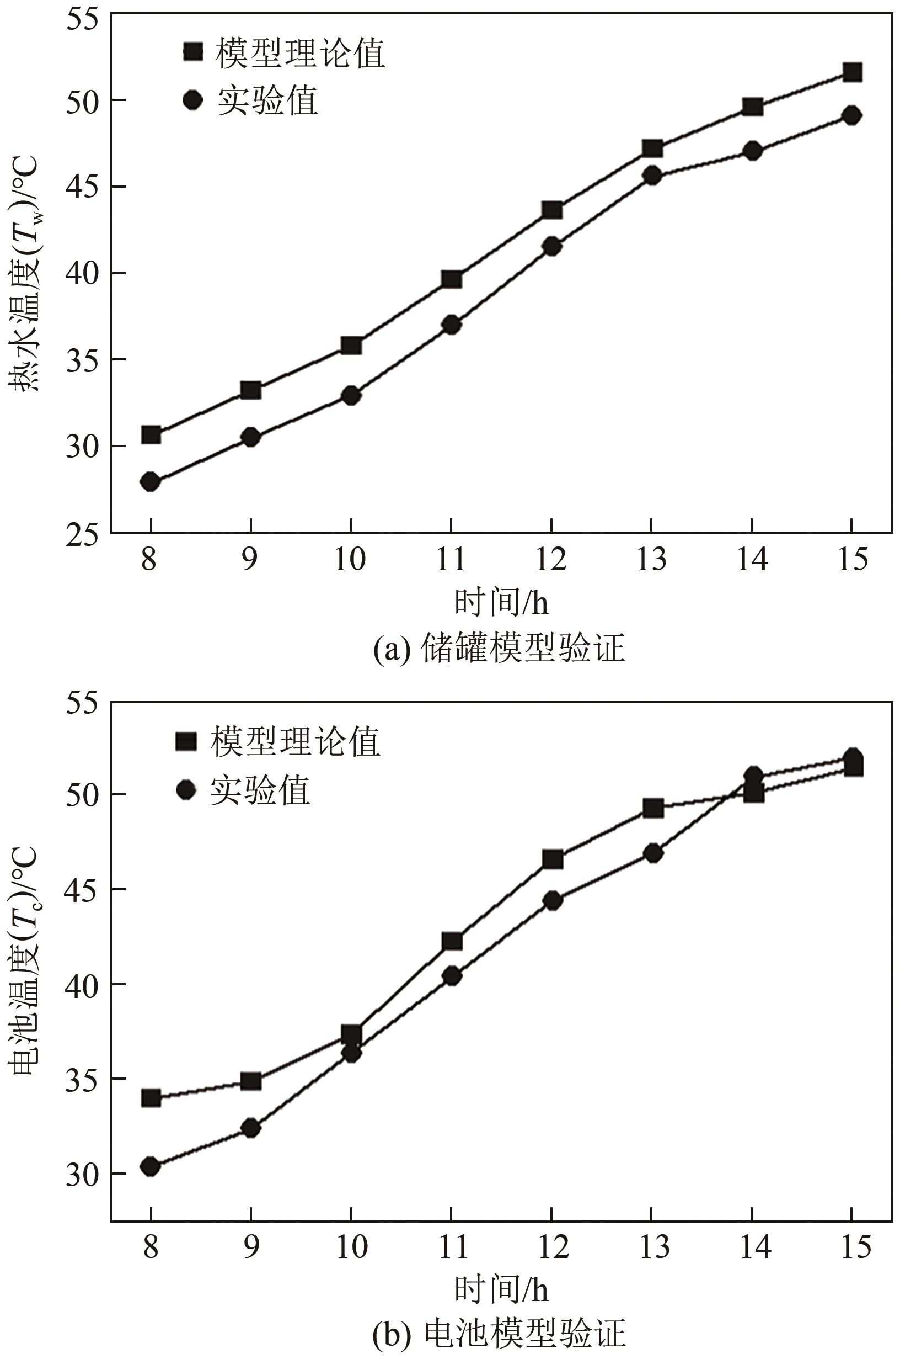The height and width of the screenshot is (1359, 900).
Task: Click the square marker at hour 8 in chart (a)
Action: (151, 435)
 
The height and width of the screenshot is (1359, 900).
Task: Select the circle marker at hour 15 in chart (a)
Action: (853, 115)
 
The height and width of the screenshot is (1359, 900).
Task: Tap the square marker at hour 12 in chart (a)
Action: (551, 210)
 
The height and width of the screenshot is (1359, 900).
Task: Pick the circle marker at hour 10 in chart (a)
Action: (351, 396)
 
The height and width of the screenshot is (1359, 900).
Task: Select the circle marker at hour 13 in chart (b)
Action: (652, 853)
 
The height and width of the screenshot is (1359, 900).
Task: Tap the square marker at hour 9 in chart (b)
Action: (251, 1081)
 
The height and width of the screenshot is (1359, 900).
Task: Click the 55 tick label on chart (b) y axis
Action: (81, 704)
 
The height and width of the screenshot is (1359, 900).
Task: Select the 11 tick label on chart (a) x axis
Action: (451, 559)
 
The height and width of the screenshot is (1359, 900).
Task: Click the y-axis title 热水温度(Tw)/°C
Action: (24, 274)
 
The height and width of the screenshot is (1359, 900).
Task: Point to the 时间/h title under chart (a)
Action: (501, 603)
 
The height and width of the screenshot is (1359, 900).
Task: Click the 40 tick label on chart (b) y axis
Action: (81, 983)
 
